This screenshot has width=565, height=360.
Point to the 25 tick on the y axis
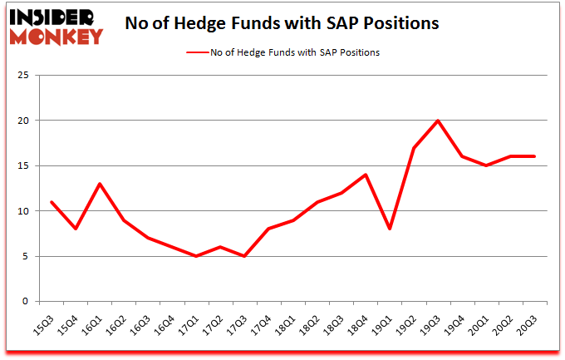click(25, 76)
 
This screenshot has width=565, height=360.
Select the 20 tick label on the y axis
click(25, 121)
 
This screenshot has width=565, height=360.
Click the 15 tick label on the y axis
click(25, 166)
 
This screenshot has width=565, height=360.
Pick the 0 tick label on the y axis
click(28, 302)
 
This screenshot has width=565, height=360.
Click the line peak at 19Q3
click(437, 121)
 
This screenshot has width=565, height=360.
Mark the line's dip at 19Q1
click(390, 229)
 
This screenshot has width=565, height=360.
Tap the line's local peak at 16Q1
click(100, 184)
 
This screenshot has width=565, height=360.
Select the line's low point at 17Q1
click(195, 256)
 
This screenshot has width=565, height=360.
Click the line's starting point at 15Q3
click(52, 202)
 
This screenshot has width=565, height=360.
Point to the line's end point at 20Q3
click(533, 156)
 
